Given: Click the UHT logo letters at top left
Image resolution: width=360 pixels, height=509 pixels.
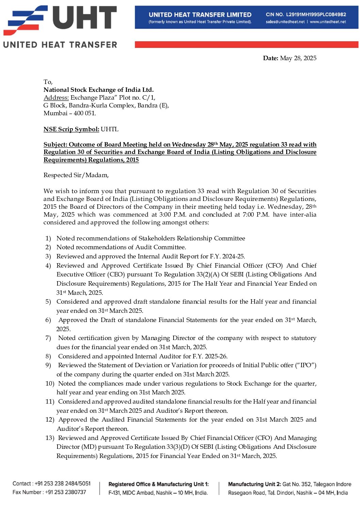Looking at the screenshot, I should (85, 18).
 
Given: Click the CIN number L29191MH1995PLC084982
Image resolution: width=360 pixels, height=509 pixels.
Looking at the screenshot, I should (316, 15).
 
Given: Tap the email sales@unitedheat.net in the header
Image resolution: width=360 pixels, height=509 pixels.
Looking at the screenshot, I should (285, 22).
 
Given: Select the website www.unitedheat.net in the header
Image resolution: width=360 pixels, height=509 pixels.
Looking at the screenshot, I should (328, 22).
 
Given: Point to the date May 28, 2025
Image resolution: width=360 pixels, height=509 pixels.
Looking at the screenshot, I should (298, 58).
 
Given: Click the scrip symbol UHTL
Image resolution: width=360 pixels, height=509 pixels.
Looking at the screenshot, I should (110, 129).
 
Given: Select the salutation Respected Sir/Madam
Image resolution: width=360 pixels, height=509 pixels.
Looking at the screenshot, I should (76, 175).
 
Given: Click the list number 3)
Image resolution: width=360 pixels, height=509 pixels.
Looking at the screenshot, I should (48, 256).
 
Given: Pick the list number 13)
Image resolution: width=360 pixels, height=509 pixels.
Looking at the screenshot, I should (50, 438).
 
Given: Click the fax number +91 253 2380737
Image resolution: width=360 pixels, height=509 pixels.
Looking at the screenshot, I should (66, 492).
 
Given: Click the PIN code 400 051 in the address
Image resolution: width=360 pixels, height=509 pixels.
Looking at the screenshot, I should (84, 113).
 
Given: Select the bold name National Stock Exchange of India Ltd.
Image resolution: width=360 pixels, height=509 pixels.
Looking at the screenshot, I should (98, 90).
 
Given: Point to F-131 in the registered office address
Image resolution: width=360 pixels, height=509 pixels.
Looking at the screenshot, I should (114, 493).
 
